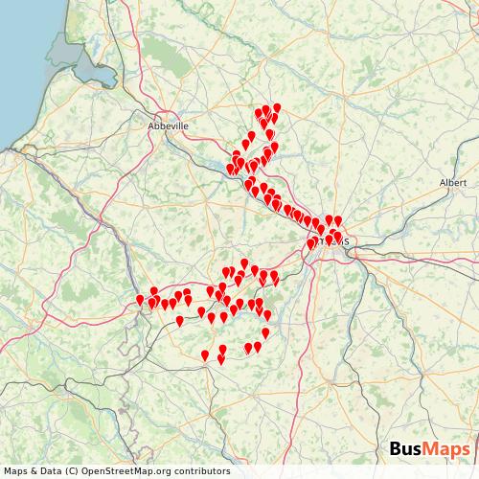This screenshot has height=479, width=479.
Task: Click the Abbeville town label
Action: (x=169, y=125)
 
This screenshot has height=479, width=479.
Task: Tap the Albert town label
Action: (x=452, y=182)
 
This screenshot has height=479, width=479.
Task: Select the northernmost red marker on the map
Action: (x=277, y=108)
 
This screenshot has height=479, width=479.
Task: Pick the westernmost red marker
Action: (x=141, y=300)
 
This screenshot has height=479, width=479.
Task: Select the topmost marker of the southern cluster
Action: (x=244, y=263)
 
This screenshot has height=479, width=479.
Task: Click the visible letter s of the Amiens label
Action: (x=345, y=240)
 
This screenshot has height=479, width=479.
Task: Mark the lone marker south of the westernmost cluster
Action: (x=179, y=321)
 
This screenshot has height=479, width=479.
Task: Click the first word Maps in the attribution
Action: (x=17, y=470)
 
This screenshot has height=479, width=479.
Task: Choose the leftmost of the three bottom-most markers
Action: (x=205, y=355)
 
